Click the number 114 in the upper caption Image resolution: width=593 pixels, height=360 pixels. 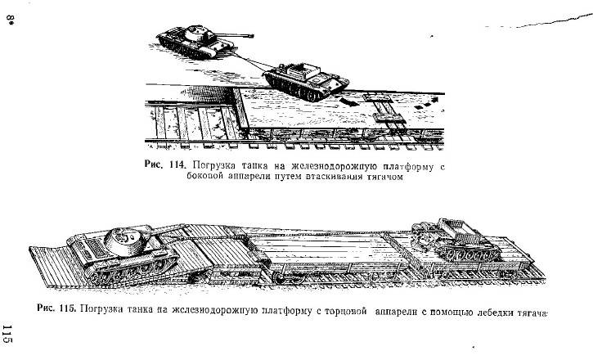[177, 165]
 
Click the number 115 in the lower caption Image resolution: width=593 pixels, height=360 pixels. [68, 308]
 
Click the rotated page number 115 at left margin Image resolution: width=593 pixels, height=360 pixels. [7, 335]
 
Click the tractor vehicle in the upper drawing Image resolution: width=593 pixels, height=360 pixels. [306, 81]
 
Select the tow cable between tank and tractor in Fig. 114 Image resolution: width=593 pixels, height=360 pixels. [249, 61]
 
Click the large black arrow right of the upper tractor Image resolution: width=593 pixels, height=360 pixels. [348, 102]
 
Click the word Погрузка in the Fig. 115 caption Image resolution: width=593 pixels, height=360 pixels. [101, 309]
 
